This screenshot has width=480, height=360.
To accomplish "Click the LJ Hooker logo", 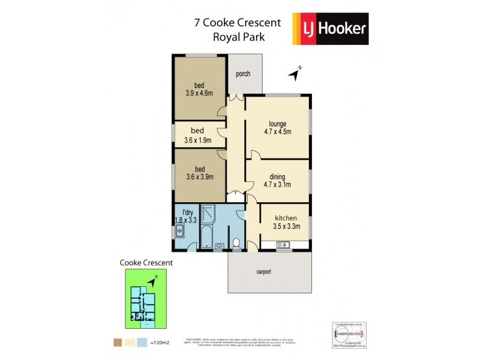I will tap(330, 29).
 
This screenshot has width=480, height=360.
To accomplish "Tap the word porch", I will tap(242, 74).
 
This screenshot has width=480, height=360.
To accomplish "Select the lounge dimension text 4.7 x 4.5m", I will tap(277, 132).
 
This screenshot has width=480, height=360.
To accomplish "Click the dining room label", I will tap(277, 176).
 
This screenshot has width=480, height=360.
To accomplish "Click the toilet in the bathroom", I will tap(236, 244).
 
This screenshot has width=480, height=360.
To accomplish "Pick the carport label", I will tap(264, 271).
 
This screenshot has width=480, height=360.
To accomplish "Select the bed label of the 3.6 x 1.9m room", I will tap(197, 130).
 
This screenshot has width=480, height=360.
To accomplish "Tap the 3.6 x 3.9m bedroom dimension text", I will tap(199, 176).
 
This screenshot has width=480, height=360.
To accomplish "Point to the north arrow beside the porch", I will tap(295, 73).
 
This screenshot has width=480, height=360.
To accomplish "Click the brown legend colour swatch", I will tap(117, 343).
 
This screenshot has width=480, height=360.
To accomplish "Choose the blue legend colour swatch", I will tap(143, 343).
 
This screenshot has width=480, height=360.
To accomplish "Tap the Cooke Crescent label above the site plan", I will tap(146, 262).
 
